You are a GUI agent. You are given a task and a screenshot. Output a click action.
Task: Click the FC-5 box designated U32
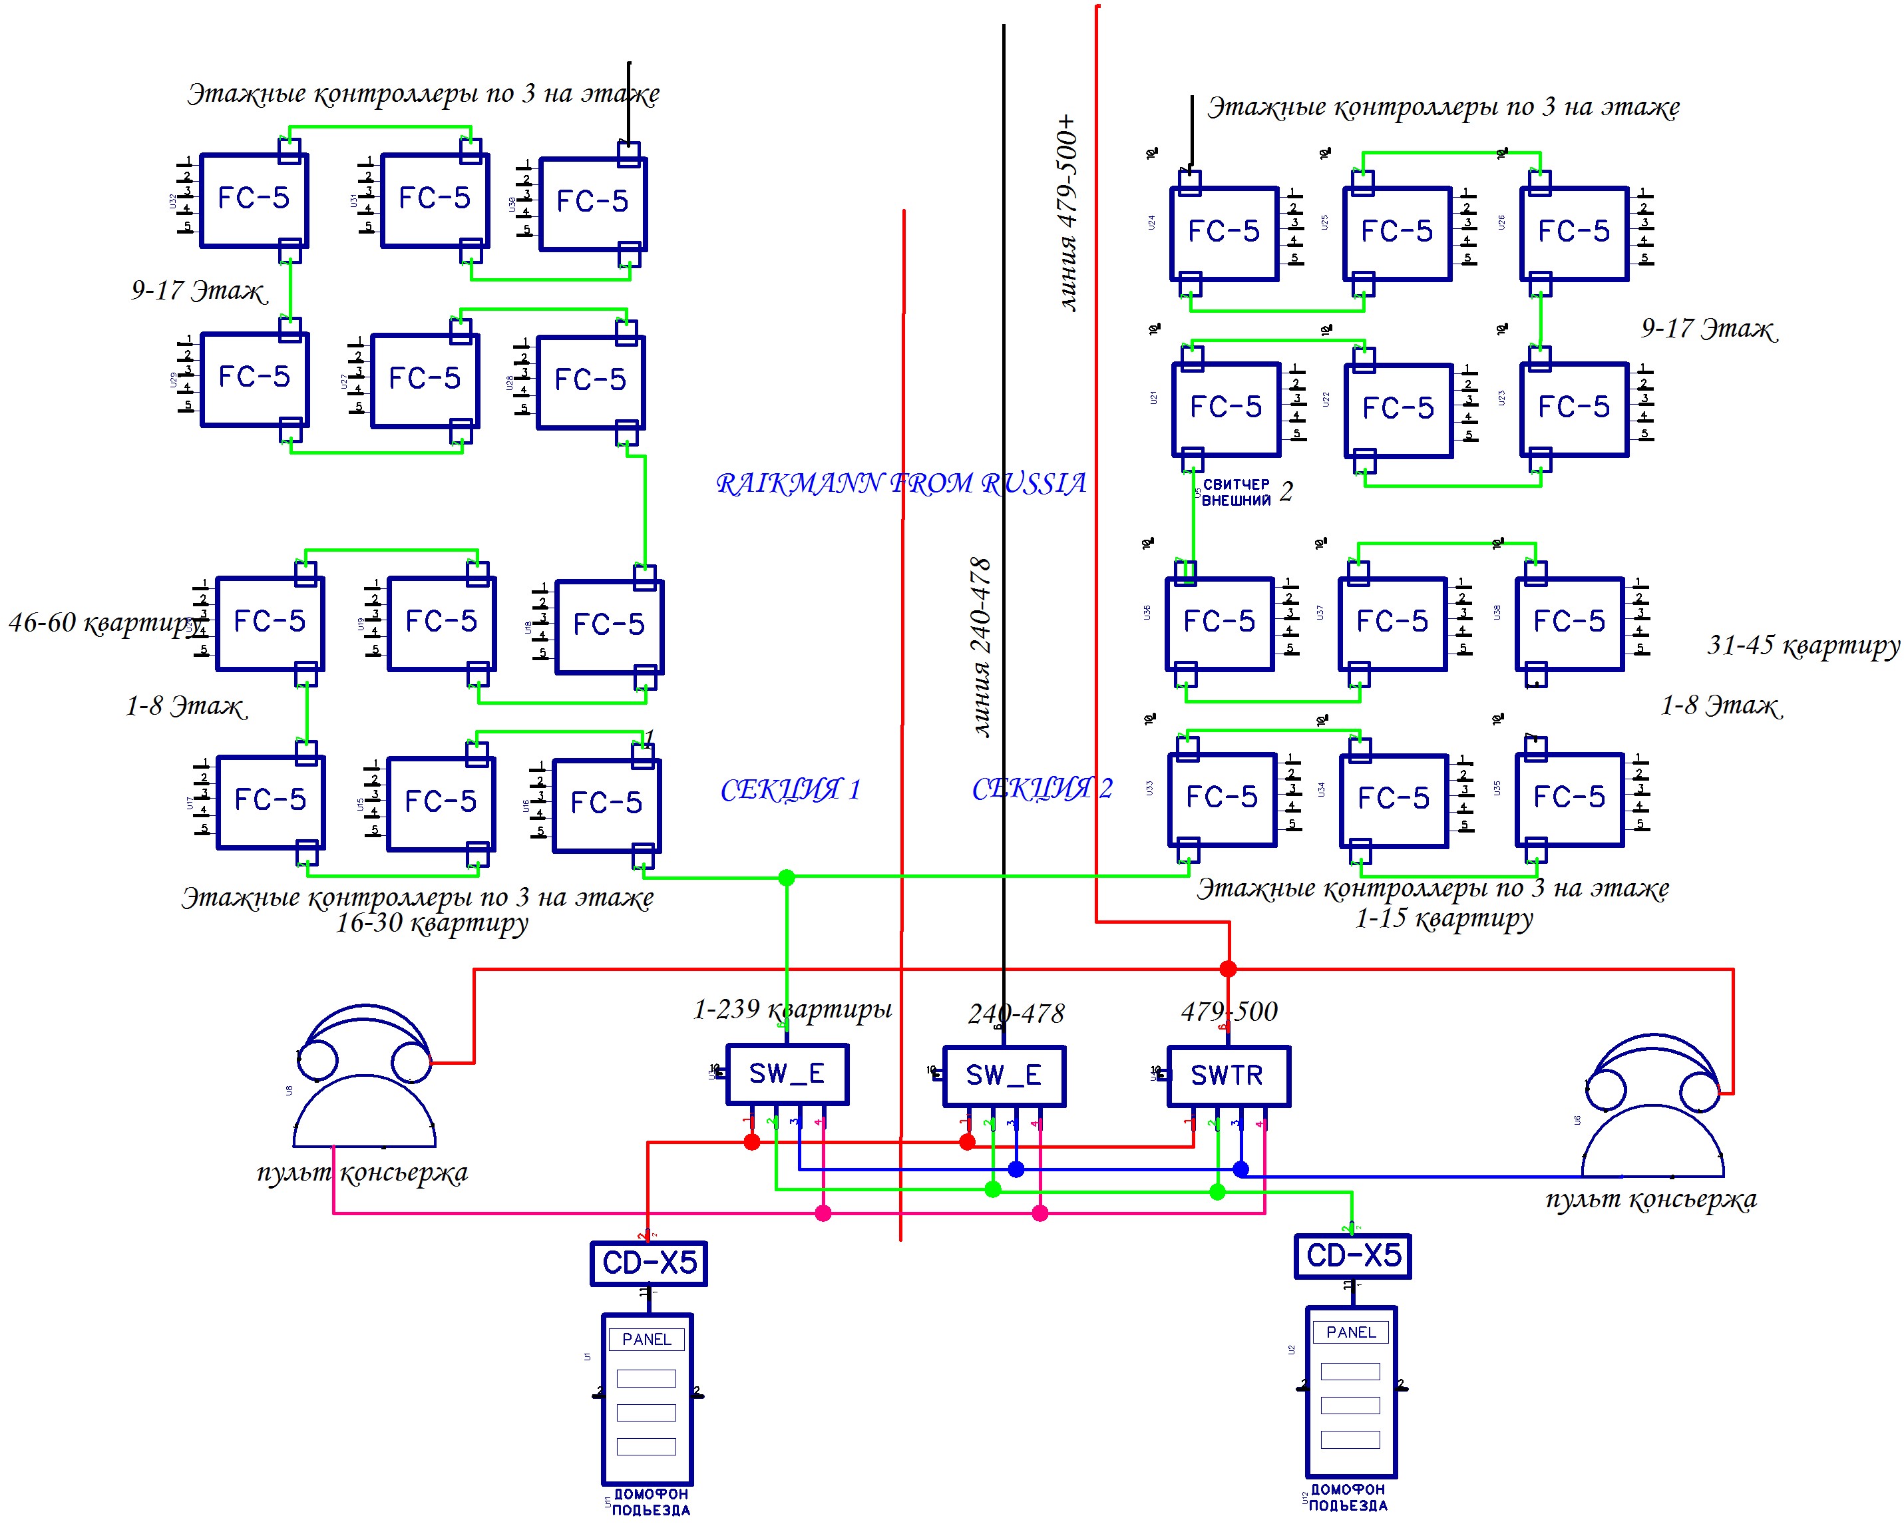click(254, 200)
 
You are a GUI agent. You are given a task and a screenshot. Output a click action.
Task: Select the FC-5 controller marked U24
click(1224, 233)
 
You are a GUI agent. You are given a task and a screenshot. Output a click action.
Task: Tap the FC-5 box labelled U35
click(1569, 799)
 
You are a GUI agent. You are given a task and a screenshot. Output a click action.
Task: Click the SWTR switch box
click(1228, 1075)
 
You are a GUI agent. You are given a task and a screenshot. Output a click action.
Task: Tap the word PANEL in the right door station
click(1350, 1332)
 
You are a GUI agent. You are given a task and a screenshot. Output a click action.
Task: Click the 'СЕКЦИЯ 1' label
click(791, 789)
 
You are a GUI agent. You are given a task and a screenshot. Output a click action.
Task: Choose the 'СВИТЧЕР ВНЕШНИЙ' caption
click(1237, 492)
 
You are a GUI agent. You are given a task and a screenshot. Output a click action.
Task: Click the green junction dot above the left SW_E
click(787, 877)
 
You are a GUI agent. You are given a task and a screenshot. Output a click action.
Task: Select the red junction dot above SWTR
click(1228, 969)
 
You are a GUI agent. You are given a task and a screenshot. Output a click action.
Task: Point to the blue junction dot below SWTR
click(1240, 1169)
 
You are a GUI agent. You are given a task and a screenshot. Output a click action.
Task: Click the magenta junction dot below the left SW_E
click(823, 1213)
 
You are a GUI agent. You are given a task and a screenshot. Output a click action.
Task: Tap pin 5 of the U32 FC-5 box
click(187, 228)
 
